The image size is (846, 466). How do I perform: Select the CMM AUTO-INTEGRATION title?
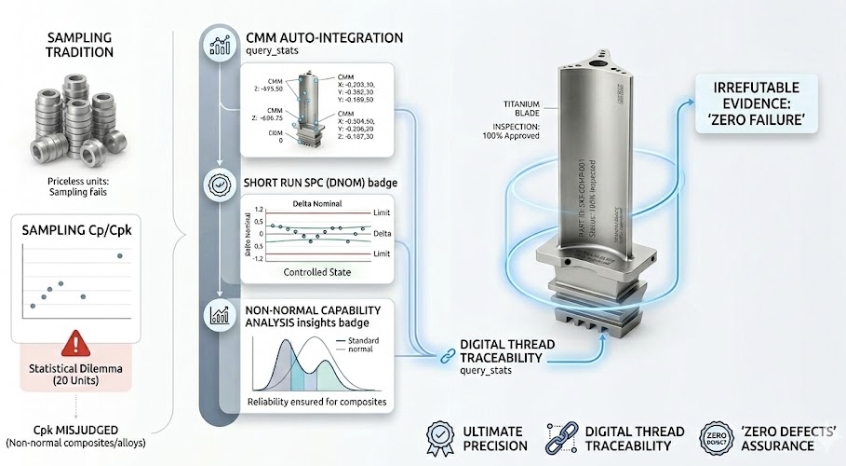(324, 38)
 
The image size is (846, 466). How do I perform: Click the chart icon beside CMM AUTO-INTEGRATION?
(221, 44)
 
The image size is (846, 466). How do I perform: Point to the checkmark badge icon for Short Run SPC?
(221, 185)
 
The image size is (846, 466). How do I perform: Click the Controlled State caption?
(316, 272)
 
